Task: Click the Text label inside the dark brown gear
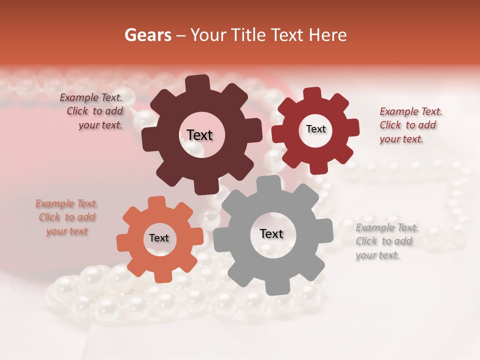click(x=199, y=135)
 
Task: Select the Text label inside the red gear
click(x=315, y=129)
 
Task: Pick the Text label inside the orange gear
click(x=159, y=238)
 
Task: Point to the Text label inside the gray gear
click(x=271, y=233)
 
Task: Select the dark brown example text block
click(x=92, y=111)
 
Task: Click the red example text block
click(x=410, y=125)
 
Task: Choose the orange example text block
click(x=66, y=217)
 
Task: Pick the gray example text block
click(x=386, y=241)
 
